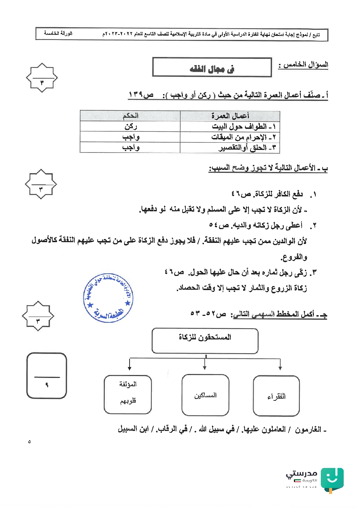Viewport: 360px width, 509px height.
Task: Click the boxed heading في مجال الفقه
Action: [212, 68]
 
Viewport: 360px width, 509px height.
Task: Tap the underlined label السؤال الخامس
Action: [303, 65]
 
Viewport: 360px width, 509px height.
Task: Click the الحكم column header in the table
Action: [130, 116]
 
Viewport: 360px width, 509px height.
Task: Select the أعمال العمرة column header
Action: [230, 116]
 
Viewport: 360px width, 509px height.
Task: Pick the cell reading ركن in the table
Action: [130, 126]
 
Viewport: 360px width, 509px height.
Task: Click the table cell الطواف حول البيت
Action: [244, 126]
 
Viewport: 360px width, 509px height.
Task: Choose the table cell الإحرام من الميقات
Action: [244, 137]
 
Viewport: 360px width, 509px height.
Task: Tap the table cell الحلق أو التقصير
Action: [247, 147]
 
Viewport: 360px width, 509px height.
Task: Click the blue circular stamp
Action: [108, 298]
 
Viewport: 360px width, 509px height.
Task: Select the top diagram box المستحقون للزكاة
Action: [205, 341]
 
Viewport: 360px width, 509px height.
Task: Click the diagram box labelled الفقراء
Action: [276, 396]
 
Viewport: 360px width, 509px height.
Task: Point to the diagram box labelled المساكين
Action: [205, 395]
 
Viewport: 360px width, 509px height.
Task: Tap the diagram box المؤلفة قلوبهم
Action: [128, 394]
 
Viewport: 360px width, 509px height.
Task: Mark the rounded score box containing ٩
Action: [47, 376]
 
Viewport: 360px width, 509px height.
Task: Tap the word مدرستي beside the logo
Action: [302, 473]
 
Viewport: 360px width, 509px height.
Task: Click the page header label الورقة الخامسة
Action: [58, 33]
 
